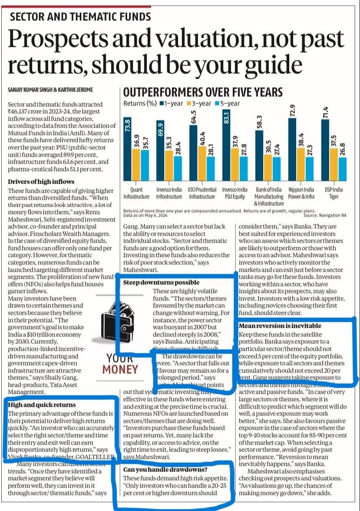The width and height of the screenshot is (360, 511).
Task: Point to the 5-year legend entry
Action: click(x=228, y=104)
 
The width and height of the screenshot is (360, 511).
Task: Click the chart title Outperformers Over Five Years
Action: click(x=203, y=92)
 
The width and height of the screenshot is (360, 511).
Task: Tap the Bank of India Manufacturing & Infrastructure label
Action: click(x=268, y=196)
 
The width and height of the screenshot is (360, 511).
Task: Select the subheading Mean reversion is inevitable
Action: click(x=280, y=326)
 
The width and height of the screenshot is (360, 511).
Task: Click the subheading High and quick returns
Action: click(x=42, y=405)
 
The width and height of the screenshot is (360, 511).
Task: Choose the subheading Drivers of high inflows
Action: click(x=41, y=181)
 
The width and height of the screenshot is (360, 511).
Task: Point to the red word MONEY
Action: click(x=120, y=370)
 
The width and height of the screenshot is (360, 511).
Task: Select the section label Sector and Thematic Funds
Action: click(x=80, y=17)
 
